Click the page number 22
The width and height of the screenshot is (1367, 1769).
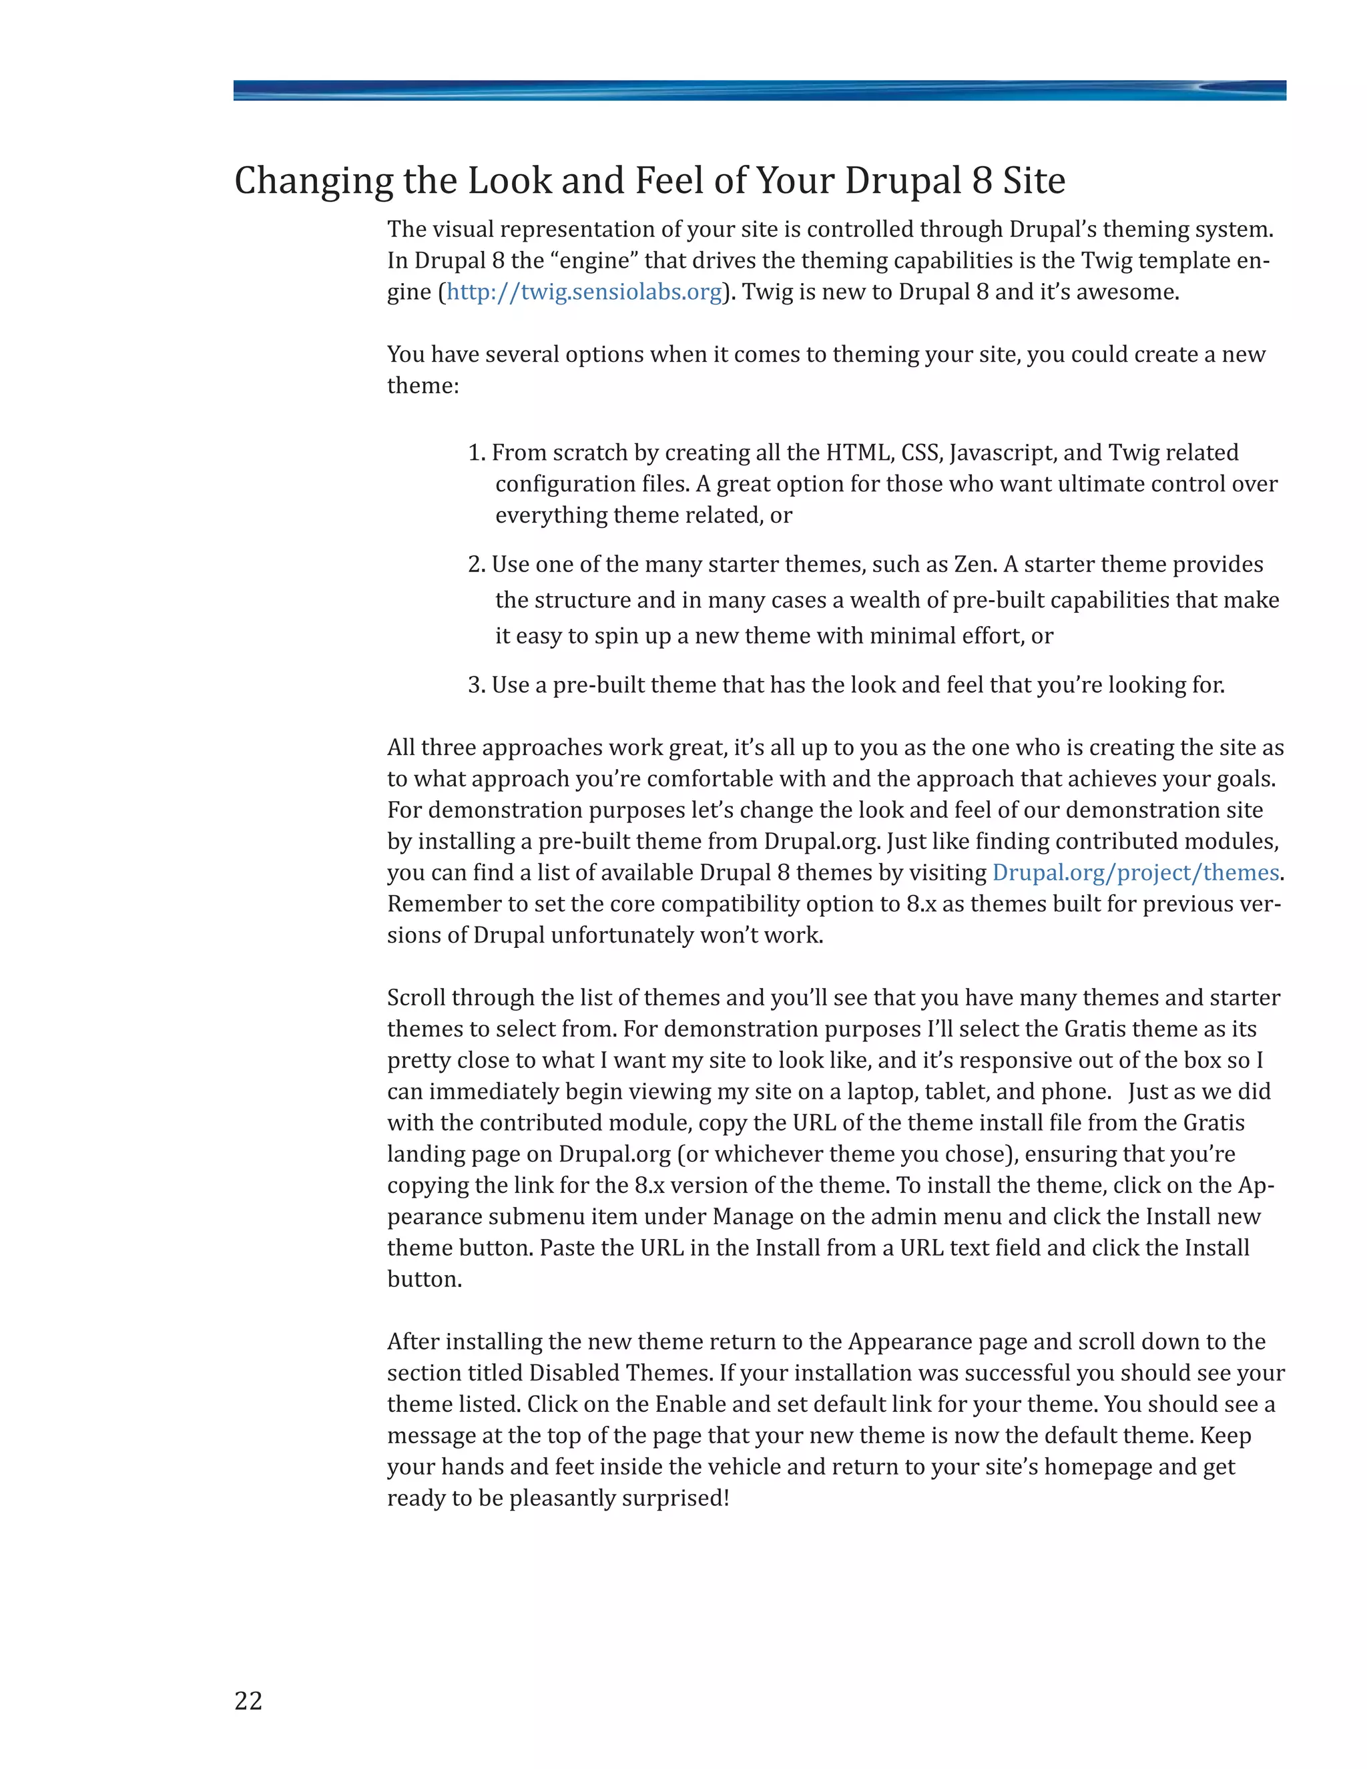248,1700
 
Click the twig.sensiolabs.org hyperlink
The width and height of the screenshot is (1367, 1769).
584,292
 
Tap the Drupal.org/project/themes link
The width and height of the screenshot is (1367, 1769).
1135,872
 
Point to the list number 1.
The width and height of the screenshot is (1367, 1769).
476,453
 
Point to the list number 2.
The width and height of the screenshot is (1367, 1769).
476,565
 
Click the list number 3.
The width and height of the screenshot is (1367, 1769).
476,686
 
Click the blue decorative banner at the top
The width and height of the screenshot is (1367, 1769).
759,90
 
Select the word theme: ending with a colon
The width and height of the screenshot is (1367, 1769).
423,386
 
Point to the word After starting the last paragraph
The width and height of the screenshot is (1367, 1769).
413,1342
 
